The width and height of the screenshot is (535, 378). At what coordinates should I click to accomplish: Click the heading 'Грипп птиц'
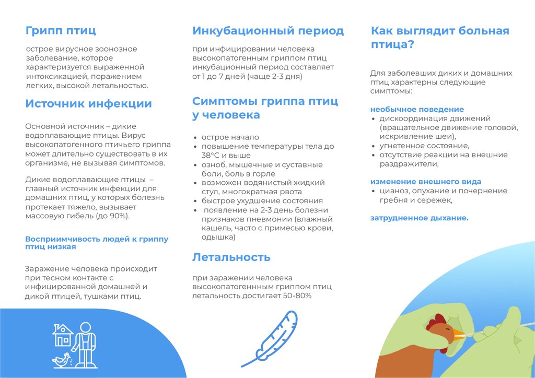click(x=61, y=30)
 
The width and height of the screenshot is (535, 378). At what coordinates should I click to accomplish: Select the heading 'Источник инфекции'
click(x=88, y=103)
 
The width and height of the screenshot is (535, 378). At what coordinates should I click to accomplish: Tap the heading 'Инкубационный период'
click(x=268, y=31)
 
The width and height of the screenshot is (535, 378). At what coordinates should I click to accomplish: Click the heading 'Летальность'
click(x=231, y=257)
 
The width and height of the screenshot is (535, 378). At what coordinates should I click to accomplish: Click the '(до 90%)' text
click(x=113, y=216)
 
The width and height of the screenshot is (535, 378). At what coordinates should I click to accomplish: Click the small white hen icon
click(x=61, y=359)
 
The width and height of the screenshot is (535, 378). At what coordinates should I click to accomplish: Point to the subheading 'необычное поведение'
click(x=417, y=109)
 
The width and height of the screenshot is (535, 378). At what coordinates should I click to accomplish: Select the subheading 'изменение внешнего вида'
click(x=426, y=182)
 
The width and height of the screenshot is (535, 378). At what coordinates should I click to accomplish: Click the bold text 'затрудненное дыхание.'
click(x=420, y=218)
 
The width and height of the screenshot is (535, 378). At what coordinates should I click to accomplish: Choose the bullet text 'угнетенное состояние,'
click(x=424, y=146)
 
